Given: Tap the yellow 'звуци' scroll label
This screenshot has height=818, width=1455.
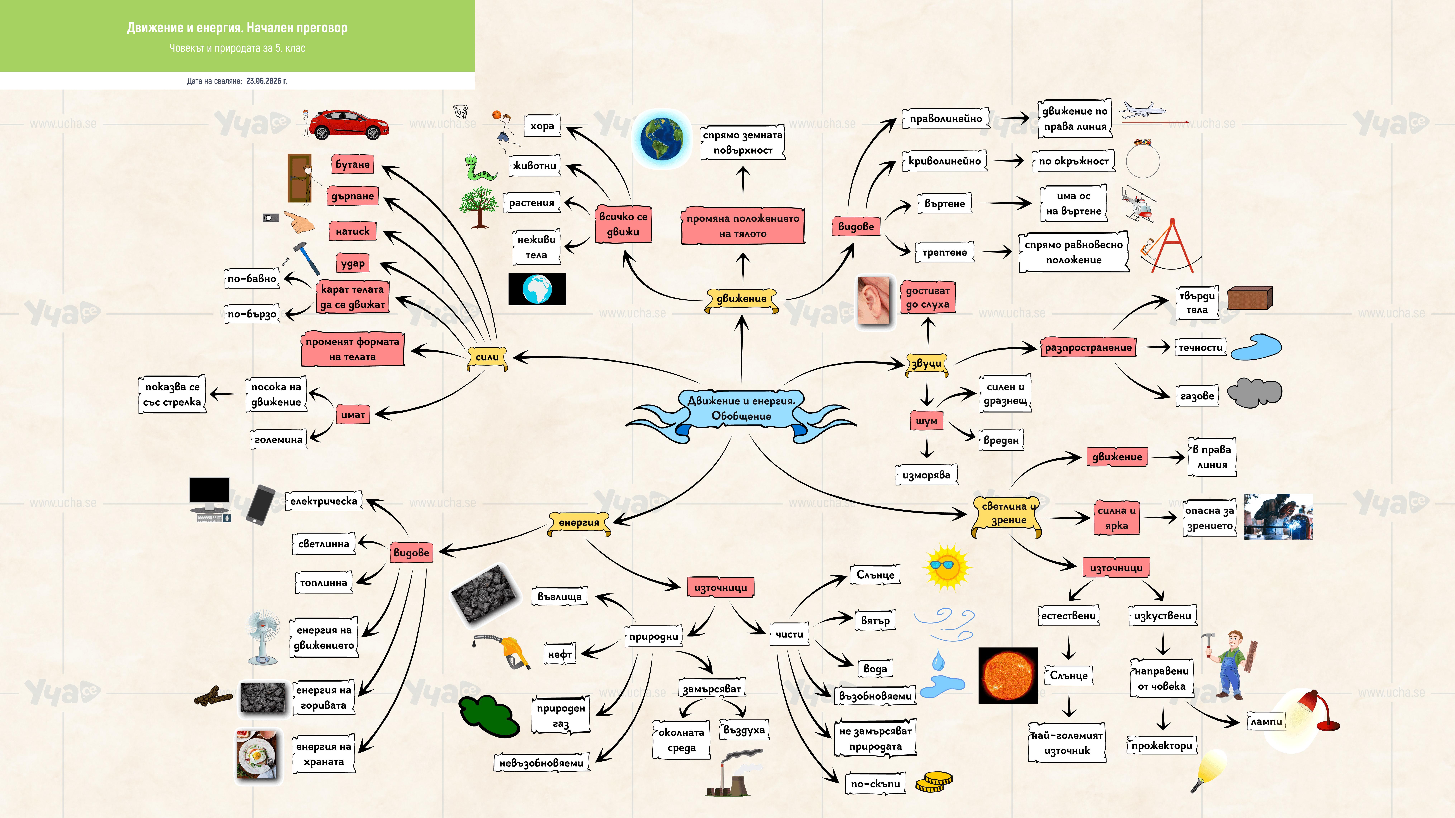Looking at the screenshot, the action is tap(926, 364).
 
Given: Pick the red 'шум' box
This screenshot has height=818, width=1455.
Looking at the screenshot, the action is tap(926, 421).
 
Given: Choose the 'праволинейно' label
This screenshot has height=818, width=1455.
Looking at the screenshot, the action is tap(946, 119).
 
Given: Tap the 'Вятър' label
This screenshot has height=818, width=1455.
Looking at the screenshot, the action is tap(875, 620).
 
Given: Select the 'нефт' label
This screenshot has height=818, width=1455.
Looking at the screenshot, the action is tap(560, 654).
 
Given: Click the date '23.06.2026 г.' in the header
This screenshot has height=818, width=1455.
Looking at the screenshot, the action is tap(267, 81).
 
